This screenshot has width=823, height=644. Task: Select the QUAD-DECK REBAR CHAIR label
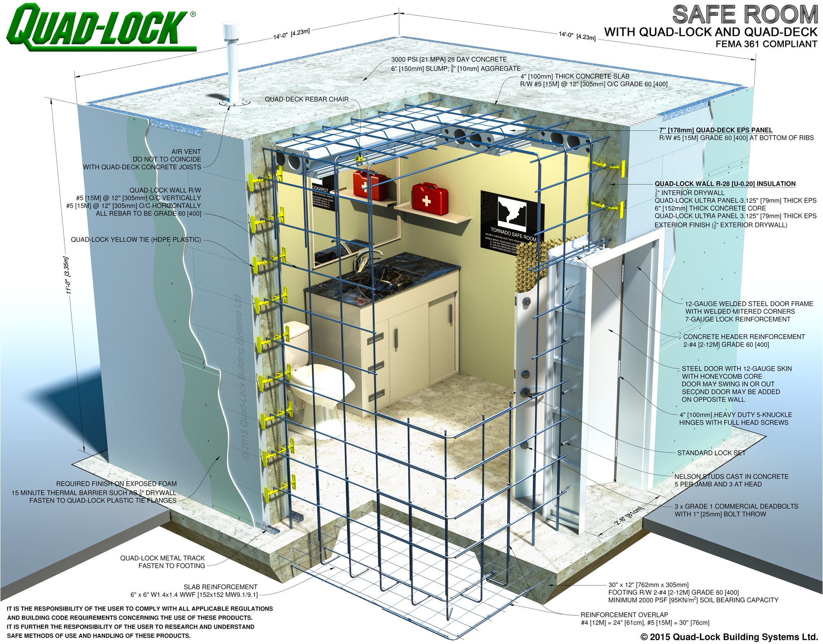pos(307,99)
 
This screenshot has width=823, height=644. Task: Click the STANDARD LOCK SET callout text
pos(711,453)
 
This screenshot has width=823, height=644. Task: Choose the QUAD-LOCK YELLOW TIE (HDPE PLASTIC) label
pos(136,240)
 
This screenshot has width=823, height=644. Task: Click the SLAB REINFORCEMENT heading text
pos(221,587)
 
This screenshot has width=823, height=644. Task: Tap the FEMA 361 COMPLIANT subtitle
pos(766,44)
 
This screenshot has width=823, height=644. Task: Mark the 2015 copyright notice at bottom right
pos(729,637)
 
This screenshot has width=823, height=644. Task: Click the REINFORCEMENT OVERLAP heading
pos(624,615)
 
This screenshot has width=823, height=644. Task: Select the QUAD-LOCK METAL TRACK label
pos(163,558)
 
